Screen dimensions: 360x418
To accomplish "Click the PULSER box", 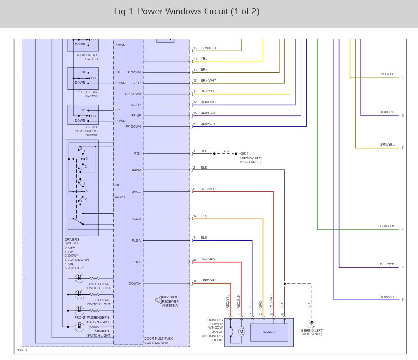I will (x=268, y=331).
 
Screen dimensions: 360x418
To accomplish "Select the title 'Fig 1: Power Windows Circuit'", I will (x=187, y=11).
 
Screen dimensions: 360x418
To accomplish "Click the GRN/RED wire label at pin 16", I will (x=208, y=48).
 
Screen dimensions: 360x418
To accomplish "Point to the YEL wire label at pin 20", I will (x=204, y=59).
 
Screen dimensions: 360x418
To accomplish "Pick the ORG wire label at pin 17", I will (x=205, y=216).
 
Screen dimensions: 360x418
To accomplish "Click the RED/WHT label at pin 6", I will (x=208, y=189).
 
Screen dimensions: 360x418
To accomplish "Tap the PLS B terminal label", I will (x=136, y=219).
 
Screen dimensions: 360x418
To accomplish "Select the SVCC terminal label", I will (x=136, y=191).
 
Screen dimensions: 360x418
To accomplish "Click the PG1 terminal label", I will (x=137, y=153).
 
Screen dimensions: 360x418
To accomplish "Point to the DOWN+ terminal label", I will (x=135, y=284).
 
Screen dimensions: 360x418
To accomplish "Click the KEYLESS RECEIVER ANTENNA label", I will (x=170, y=301).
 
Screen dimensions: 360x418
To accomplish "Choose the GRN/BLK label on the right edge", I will (x=387, y=226).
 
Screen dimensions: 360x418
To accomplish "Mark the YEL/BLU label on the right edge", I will (x=387, y=74).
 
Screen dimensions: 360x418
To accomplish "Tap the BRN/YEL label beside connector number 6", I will (x=387, y=145).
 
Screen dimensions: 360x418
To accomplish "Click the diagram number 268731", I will (x=22, y=350).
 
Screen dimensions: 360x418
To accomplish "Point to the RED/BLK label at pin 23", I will (x=208, y=259).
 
